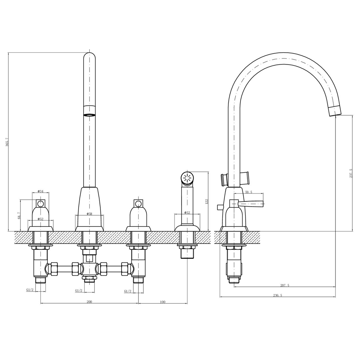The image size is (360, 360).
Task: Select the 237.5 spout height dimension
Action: pyautogui.click(x=351, y=173)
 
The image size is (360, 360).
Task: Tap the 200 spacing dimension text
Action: pyautogui.click(x=89, y=302)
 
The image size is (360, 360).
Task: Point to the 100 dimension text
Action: pyautogui.click(x=163, y=302)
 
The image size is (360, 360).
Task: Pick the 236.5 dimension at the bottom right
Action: pyautogui.click(x=277, y=295)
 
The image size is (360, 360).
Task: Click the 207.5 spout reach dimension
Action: pyautogui.click(x=284, y=285)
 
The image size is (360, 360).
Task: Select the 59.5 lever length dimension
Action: pyautogui.click(x=248, y=192)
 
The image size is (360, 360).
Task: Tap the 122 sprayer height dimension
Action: pyautogui.click(x=207, y=201)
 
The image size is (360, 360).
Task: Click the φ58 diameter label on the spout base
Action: pyautogui.click(x=89, y=214)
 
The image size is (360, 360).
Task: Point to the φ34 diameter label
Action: pyautogui.click(x=40, y=191)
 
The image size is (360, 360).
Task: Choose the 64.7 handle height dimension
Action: pyautogui.click(x=19, y=215)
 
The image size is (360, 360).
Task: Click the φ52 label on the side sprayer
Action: pyautogui.click(x=187, y=212)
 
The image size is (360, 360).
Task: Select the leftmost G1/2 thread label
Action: pyautogui.click(x=30, y=290)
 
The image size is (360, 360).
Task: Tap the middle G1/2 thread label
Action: pyautogui.click(x=79, y=291)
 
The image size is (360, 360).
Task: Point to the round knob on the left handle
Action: pyautogui.click(x=40, y=203)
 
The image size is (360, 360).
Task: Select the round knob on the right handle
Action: pyautogui.click(x=138, y=203)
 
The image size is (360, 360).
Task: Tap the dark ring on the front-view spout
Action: pyautogui.click(x=90, y=115)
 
